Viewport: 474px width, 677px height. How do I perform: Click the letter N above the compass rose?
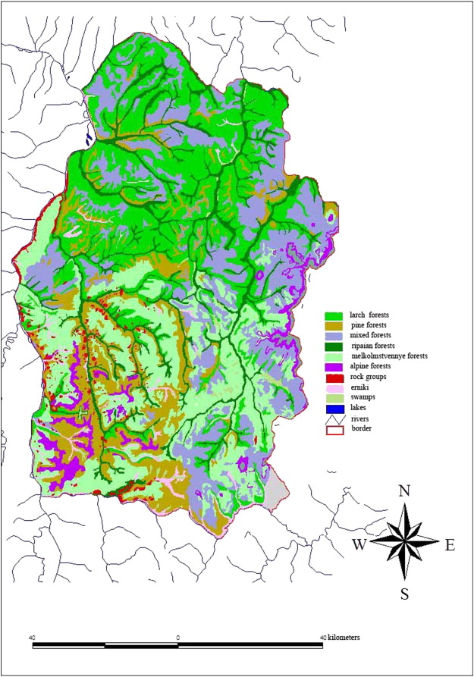[404, 491]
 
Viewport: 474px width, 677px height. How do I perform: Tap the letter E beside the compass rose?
[449, 545]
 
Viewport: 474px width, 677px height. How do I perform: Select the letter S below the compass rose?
[404, 594]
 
